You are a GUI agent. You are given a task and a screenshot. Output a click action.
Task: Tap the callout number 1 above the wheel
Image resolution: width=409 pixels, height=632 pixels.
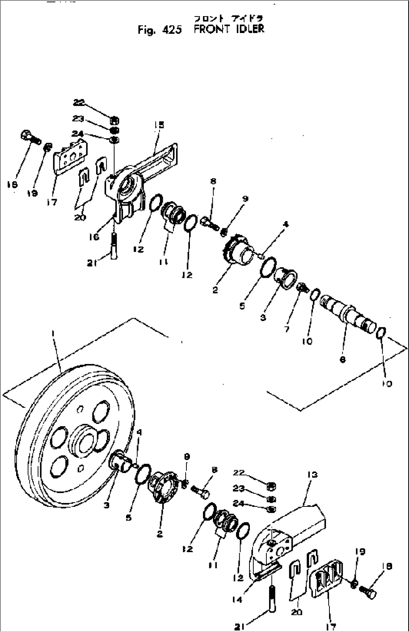[x=54, y=332]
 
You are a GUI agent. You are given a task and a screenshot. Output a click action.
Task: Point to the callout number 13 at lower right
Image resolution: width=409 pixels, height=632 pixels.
[x=312, y=475]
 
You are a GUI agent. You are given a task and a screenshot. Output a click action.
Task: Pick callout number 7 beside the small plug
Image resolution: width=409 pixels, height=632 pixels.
[x=287, y=329]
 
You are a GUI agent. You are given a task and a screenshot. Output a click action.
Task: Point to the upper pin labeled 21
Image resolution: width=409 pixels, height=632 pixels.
[x=114, y=246]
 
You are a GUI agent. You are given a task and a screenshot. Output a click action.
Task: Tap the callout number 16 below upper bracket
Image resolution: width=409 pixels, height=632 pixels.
[x=94, y=237]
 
